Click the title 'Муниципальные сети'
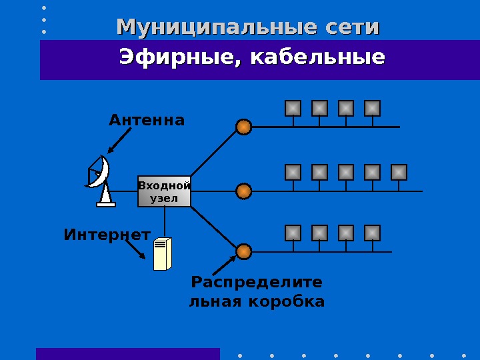click(x=248, y=27)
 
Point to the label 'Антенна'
click(x=147, y=120)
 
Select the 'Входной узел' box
click(x=164, y=192)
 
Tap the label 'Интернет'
click(x=107, y=235)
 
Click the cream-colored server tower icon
click(x=163, y=253)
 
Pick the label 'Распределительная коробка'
click(x=257, y=291)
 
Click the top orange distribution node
click(x=244, y=127)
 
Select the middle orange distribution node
click(x=244, y=191)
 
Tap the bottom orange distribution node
click(x=244, y=251)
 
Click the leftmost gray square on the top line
click(x=293, y=108)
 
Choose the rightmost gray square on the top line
click(x=372, y=108)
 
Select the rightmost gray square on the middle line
click(x=399, y=172)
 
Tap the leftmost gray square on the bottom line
click(x=293, y=233)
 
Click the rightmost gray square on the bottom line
click(x=372, y=233)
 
